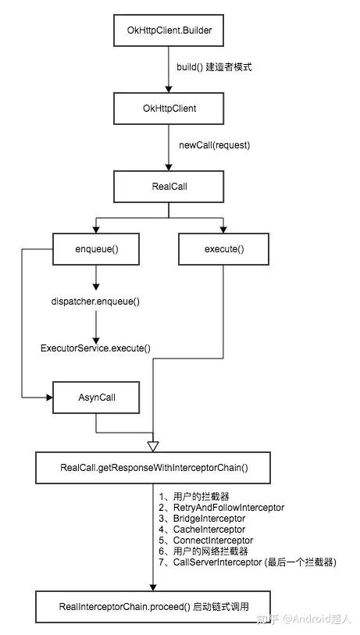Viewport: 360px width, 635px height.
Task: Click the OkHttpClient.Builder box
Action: pos(169,30)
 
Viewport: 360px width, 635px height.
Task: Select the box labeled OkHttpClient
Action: pos(169,108)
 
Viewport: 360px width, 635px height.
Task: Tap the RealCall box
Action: pos(169,187)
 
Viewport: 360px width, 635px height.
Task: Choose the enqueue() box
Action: pos(96,249)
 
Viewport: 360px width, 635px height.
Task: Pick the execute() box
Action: pos(224,249)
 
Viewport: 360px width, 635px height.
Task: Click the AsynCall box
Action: pos(96,398)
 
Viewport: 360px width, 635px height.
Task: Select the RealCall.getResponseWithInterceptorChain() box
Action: pos(153,468)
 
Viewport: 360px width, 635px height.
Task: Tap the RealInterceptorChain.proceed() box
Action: pos(153,606)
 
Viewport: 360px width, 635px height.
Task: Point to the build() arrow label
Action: pos(214,67)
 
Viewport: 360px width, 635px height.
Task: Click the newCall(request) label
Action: pos(215,145)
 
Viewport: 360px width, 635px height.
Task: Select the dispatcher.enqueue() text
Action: pos(95,301)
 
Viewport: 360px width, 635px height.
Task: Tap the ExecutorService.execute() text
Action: pos(95,348)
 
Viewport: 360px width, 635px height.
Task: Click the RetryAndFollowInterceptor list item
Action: pos(222,507)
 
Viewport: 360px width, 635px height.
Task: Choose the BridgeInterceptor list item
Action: pos(202,519)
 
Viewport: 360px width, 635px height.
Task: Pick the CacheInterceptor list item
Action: pos(202,530)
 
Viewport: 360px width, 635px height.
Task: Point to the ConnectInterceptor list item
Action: pos(206,540)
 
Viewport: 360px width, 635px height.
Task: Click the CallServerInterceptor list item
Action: pos(248,562)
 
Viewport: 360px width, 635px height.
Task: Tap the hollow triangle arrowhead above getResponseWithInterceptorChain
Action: pos(153,446)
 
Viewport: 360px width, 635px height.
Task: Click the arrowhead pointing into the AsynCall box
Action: pos(50,398)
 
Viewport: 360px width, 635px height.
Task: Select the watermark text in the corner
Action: pos(304,619)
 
